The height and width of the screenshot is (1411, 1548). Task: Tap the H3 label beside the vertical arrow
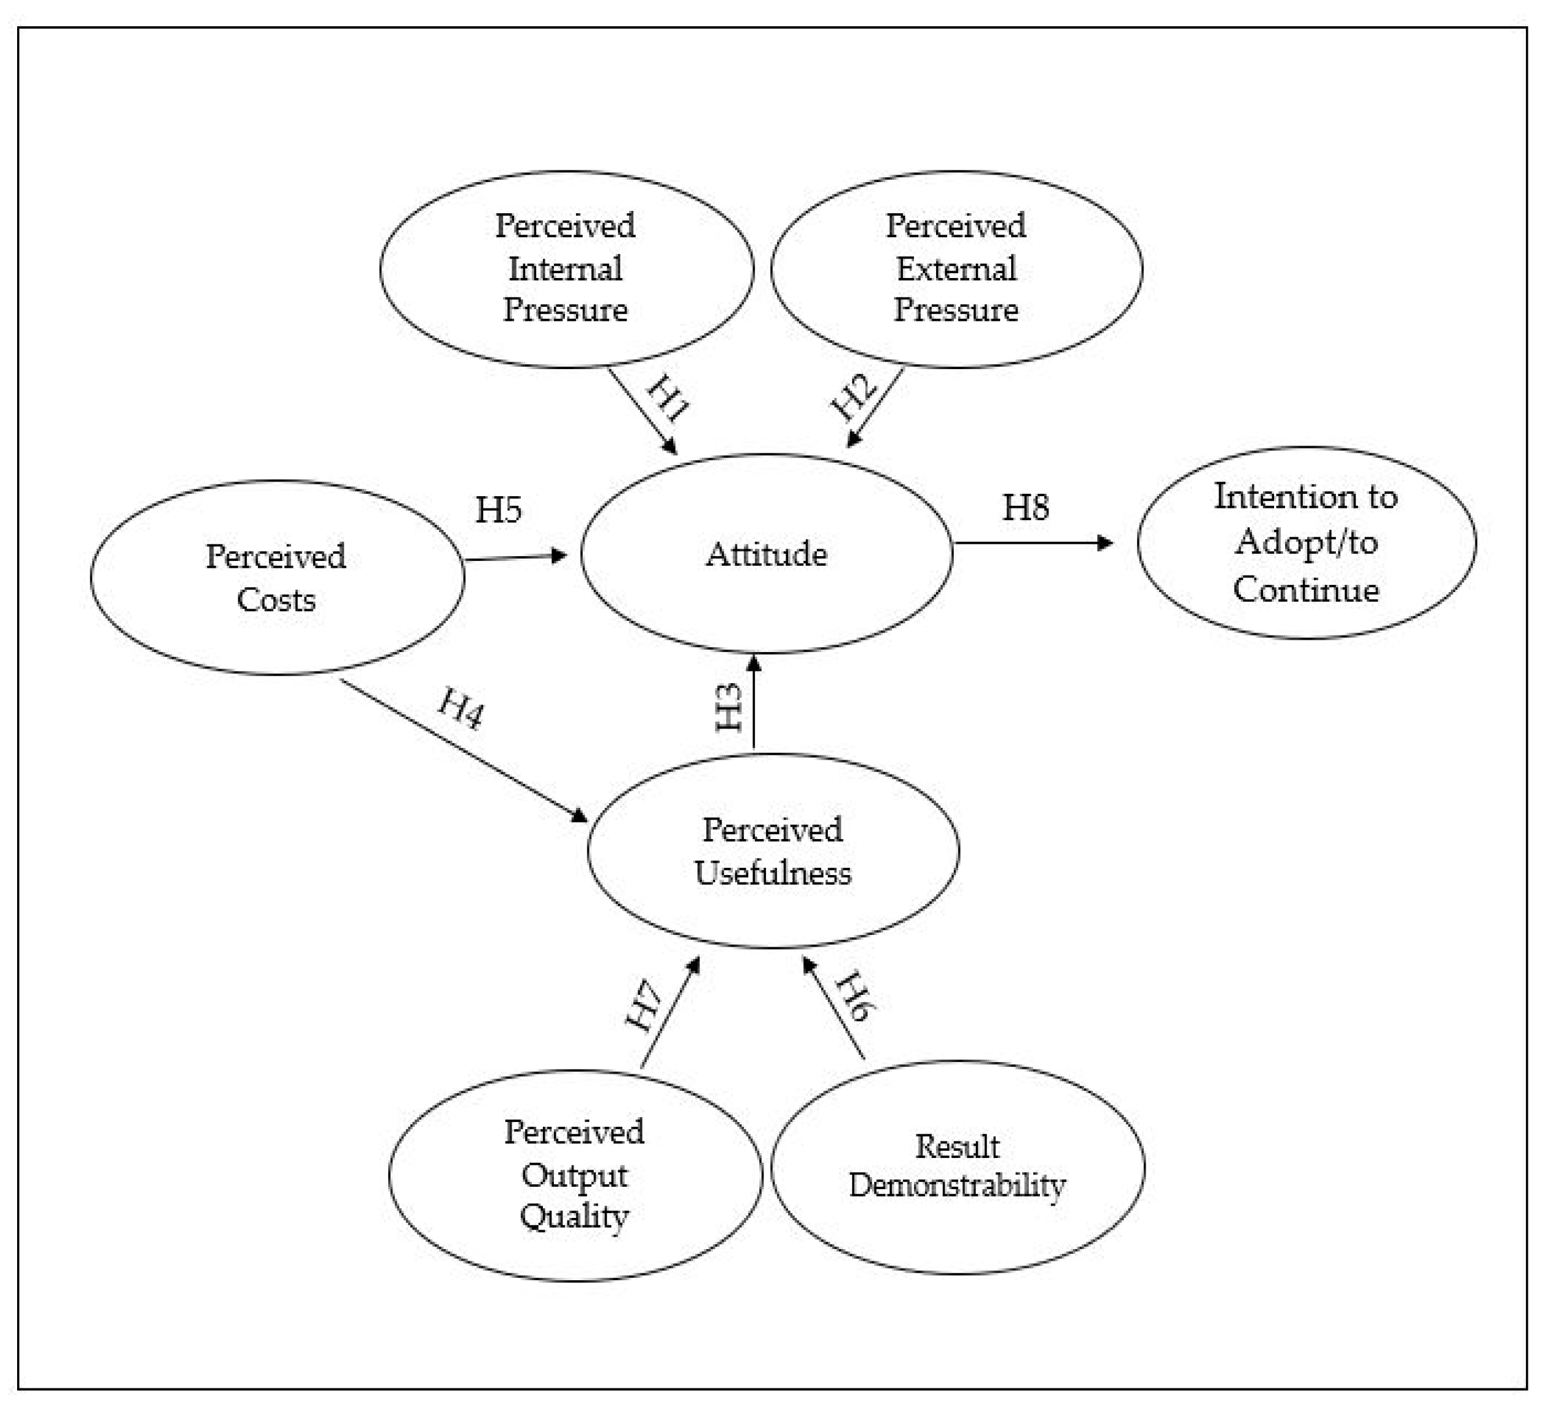click(x=729, y=707)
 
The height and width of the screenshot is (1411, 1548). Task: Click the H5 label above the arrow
click(x=498, y=510)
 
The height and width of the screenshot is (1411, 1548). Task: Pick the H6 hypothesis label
click(x=855, y=997)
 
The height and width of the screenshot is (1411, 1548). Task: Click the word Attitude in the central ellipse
click(x=766, y=554)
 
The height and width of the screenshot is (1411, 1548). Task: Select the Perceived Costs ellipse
click(x=276, y=577)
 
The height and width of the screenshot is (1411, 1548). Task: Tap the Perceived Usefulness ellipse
click(x=772, y=851)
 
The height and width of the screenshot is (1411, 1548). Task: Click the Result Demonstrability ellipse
click(x=957, y=1167)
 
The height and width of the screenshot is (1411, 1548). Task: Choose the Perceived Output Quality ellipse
click(x=574, y=1175)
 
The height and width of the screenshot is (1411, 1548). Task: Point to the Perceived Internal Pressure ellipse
click(x=566, y=269)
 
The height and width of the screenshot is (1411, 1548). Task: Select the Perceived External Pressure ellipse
click(x=956, y=269)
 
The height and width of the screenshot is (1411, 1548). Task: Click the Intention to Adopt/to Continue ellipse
click(x=1306, y=543)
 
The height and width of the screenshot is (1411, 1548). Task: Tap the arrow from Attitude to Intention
click(x=1033, y=543)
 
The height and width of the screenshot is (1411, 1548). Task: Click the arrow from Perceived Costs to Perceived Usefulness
click(x=461, y=749)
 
